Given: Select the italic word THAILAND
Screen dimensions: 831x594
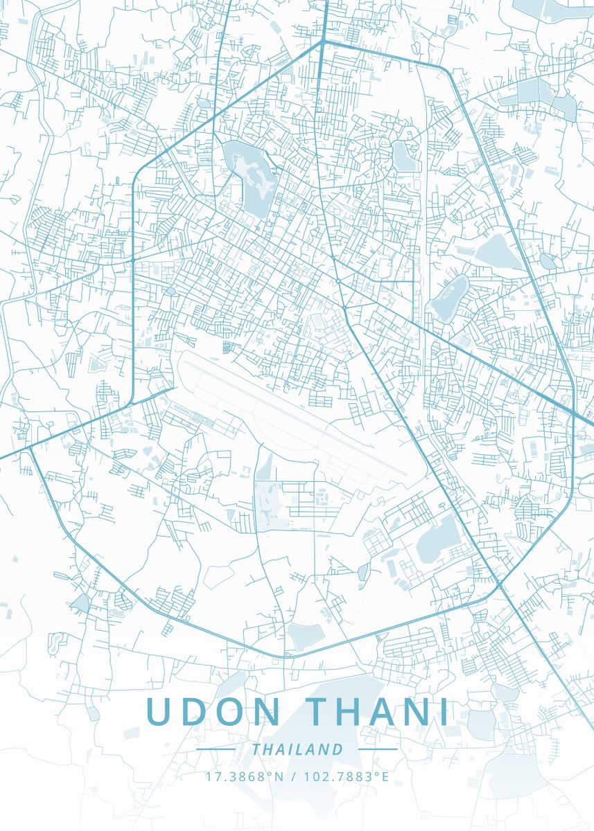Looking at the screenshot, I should coord(297,749).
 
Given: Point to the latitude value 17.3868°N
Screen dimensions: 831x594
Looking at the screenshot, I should coord(245,776).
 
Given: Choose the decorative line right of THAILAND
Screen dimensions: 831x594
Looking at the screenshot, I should coord(378,749).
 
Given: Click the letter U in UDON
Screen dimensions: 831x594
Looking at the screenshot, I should coord(158,713).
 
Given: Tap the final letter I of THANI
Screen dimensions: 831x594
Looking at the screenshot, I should coord(444,713).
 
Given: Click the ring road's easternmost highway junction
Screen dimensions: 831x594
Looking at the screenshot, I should coord(574,414).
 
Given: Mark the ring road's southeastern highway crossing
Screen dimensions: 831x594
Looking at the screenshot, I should coord(500,586).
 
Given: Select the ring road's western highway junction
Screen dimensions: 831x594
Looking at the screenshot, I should coord(29,449).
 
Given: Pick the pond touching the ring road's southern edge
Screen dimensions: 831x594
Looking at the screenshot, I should coord(305,634).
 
